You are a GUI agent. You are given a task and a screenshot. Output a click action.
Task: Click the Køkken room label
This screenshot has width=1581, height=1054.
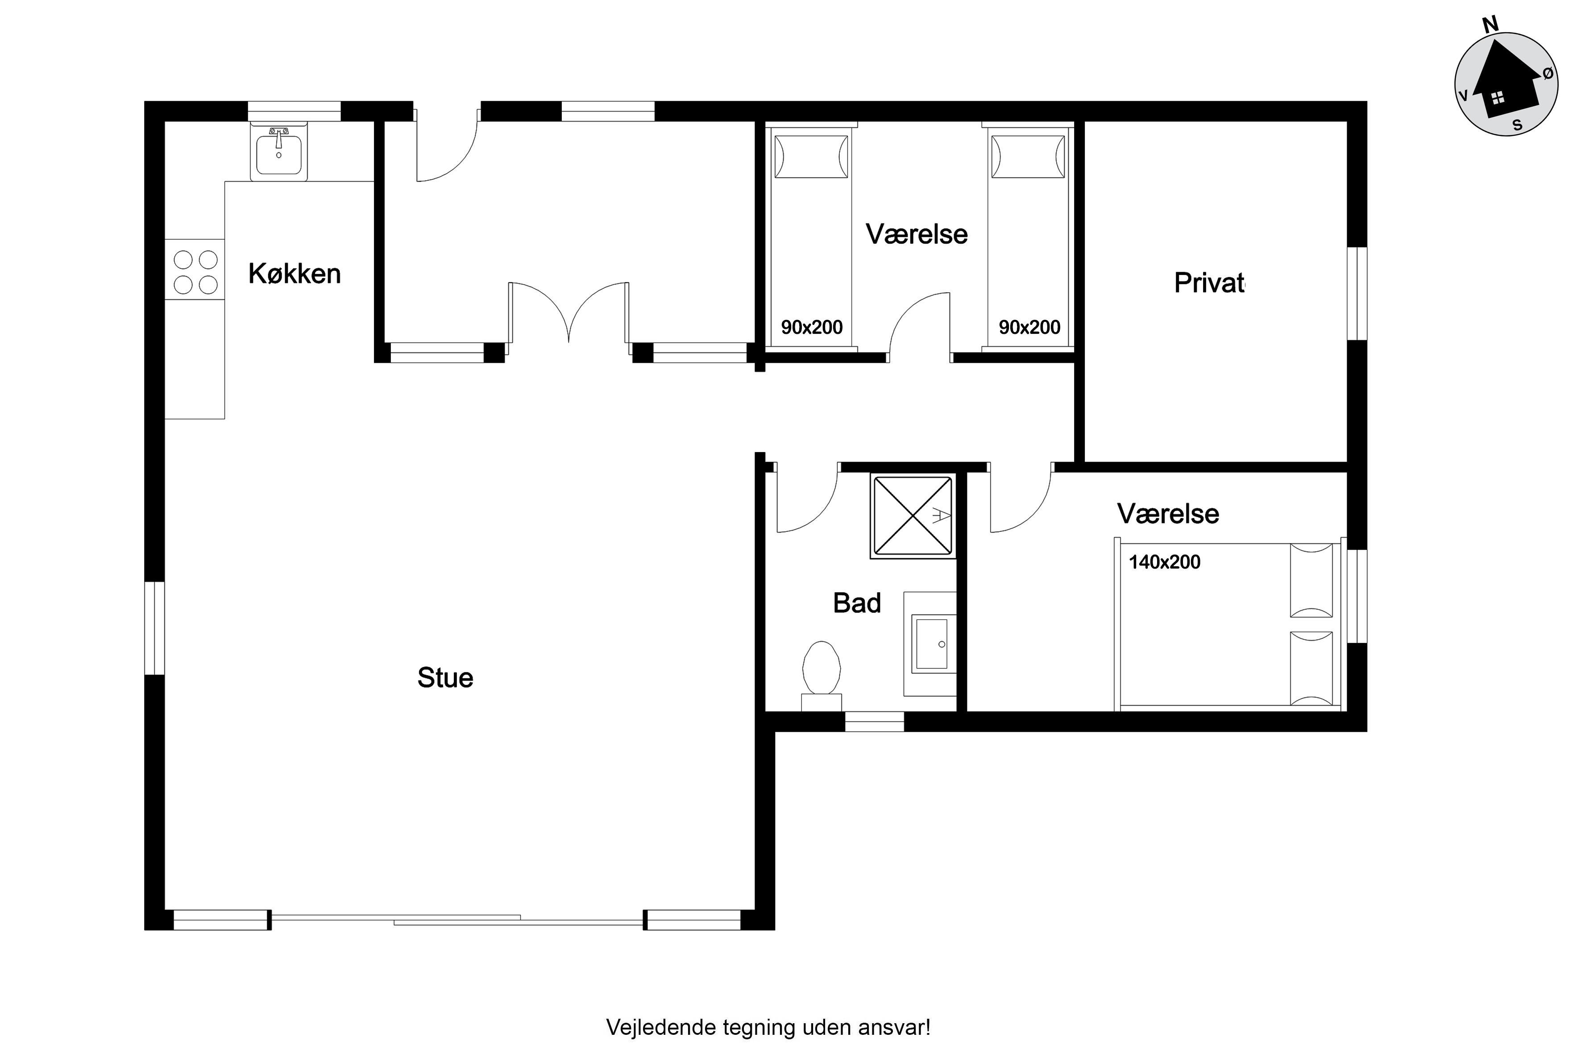click(x=295, y=274)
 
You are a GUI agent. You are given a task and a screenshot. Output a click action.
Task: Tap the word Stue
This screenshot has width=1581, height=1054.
click(x=445, y=677)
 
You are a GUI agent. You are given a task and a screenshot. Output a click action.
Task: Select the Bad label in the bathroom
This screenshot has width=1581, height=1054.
click(x=857, y=603)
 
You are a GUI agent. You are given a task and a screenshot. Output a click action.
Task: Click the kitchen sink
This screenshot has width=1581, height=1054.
click(x=279, y=152)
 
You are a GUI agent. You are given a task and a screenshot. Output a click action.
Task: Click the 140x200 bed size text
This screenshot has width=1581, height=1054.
click(x=1164, y=562)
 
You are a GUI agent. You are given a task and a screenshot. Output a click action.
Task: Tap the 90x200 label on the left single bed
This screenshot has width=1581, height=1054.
click(x=811, y=328)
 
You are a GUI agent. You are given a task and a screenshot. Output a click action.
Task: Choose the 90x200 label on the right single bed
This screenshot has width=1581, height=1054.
click(x=1029, y=328)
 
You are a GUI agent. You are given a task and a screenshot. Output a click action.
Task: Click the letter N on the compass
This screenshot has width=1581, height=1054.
click(x=1491, y=25)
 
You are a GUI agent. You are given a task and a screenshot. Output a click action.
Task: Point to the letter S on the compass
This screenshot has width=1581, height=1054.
click(x=1517, y=125)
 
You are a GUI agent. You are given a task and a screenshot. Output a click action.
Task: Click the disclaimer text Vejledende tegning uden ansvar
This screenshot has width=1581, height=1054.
click(x=768, y=1027)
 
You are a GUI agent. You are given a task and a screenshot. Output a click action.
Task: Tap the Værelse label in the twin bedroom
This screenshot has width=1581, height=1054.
click(x=917, y=234)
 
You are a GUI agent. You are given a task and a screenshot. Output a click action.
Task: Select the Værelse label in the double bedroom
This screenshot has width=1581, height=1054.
click(x=1168, y=514)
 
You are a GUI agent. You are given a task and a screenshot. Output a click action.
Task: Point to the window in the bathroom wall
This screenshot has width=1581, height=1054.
click(x=875, y=721)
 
